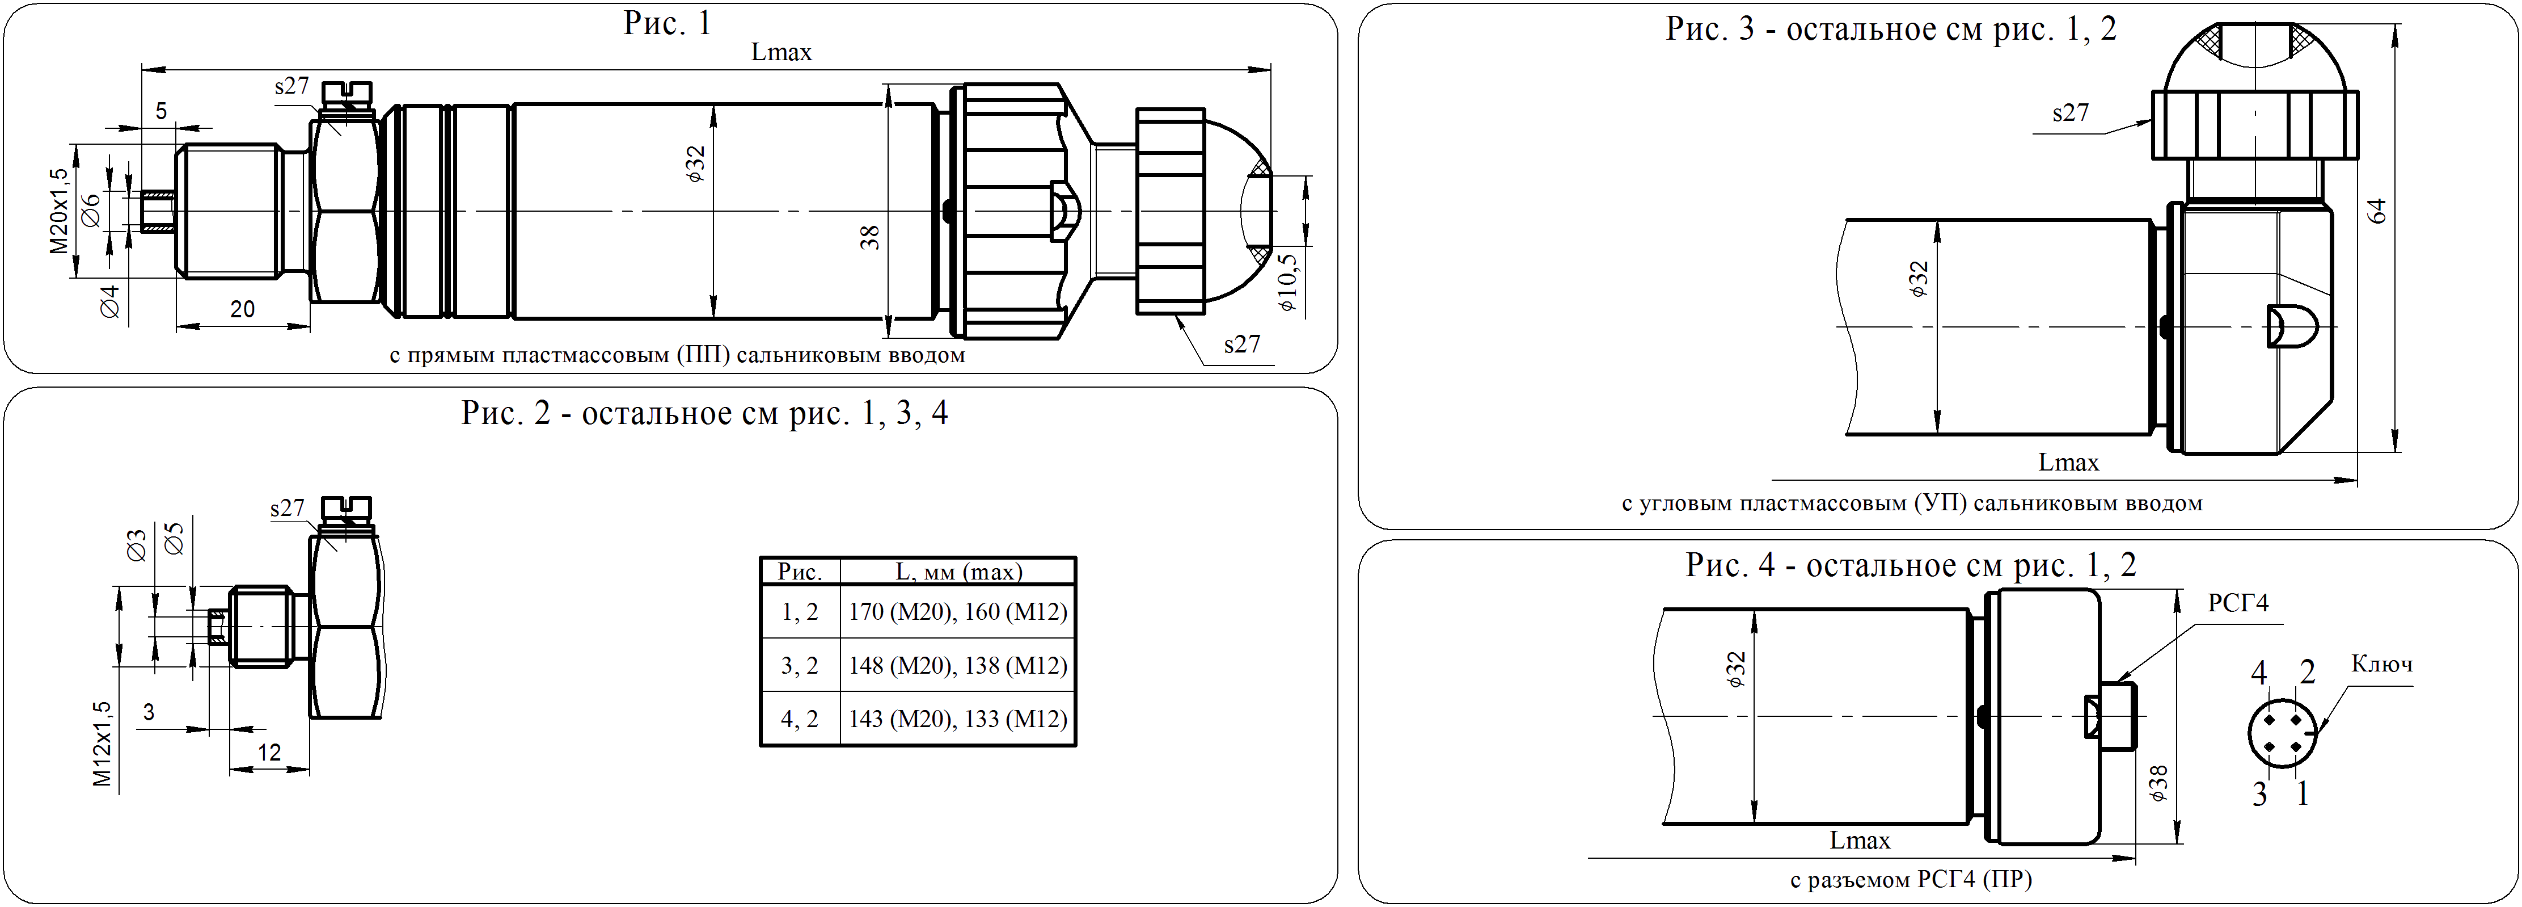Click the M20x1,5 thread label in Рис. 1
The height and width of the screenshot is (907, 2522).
tap(60, 211)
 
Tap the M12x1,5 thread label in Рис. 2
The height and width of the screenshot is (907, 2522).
tap(103, 745)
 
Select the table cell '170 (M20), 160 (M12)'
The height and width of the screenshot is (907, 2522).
tap(957, 612)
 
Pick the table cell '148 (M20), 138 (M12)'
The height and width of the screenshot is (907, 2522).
tap(957, 666)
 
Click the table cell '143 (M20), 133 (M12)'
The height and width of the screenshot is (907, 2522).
tap(957, 719)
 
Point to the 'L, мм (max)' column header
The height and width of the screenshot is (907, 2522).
tap(958, 571)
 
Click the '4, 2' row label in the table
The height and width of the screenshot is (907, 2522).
tap(800, 719)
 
